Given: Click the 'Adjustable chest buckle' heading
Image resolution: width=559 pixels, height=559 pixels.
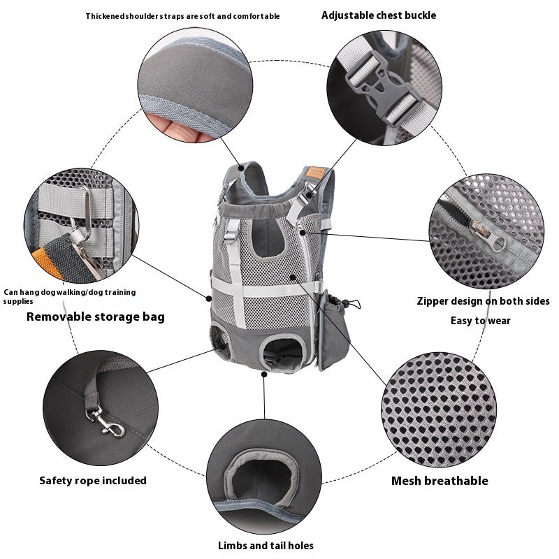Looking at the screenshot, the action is point(379,15).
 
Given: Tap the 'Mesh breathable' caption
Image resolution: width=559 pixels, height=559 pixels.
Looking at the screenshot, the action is point(440,481).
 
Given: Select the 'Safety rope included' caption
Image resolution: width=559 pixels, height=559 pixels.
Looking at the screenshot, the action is point(93,481).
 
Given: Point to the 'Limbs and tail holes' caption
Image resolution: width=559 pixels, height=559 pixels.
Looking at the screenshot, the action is point(266,546).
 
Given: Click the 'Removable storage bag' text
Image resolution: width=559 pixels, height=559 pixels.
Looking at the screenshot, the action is point(96,317).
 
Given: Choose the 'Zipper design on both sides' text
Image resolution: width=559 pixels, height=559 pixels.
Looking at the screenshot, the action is point(484,301).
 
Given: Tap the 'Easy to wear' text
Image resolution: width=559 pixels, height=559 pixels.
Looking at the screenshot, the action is point(481,321).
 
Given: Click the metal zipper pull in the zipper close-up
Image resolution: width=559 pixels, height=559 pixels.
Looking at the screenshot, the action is point(490,236).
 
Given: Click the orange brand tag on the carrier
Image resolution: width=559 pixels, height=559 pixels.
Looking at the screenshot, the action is point(316,173).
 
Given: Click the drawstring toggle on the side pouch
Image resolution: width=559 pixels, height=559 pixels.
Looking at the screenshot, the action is point(345,303).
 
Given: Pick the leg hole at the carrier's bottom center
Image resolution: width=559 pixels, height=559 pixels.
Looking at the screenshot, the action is point(282,353).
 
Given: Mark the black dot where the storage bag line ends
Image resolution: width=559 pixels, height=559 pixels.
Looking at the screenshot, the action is point(209,299).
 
